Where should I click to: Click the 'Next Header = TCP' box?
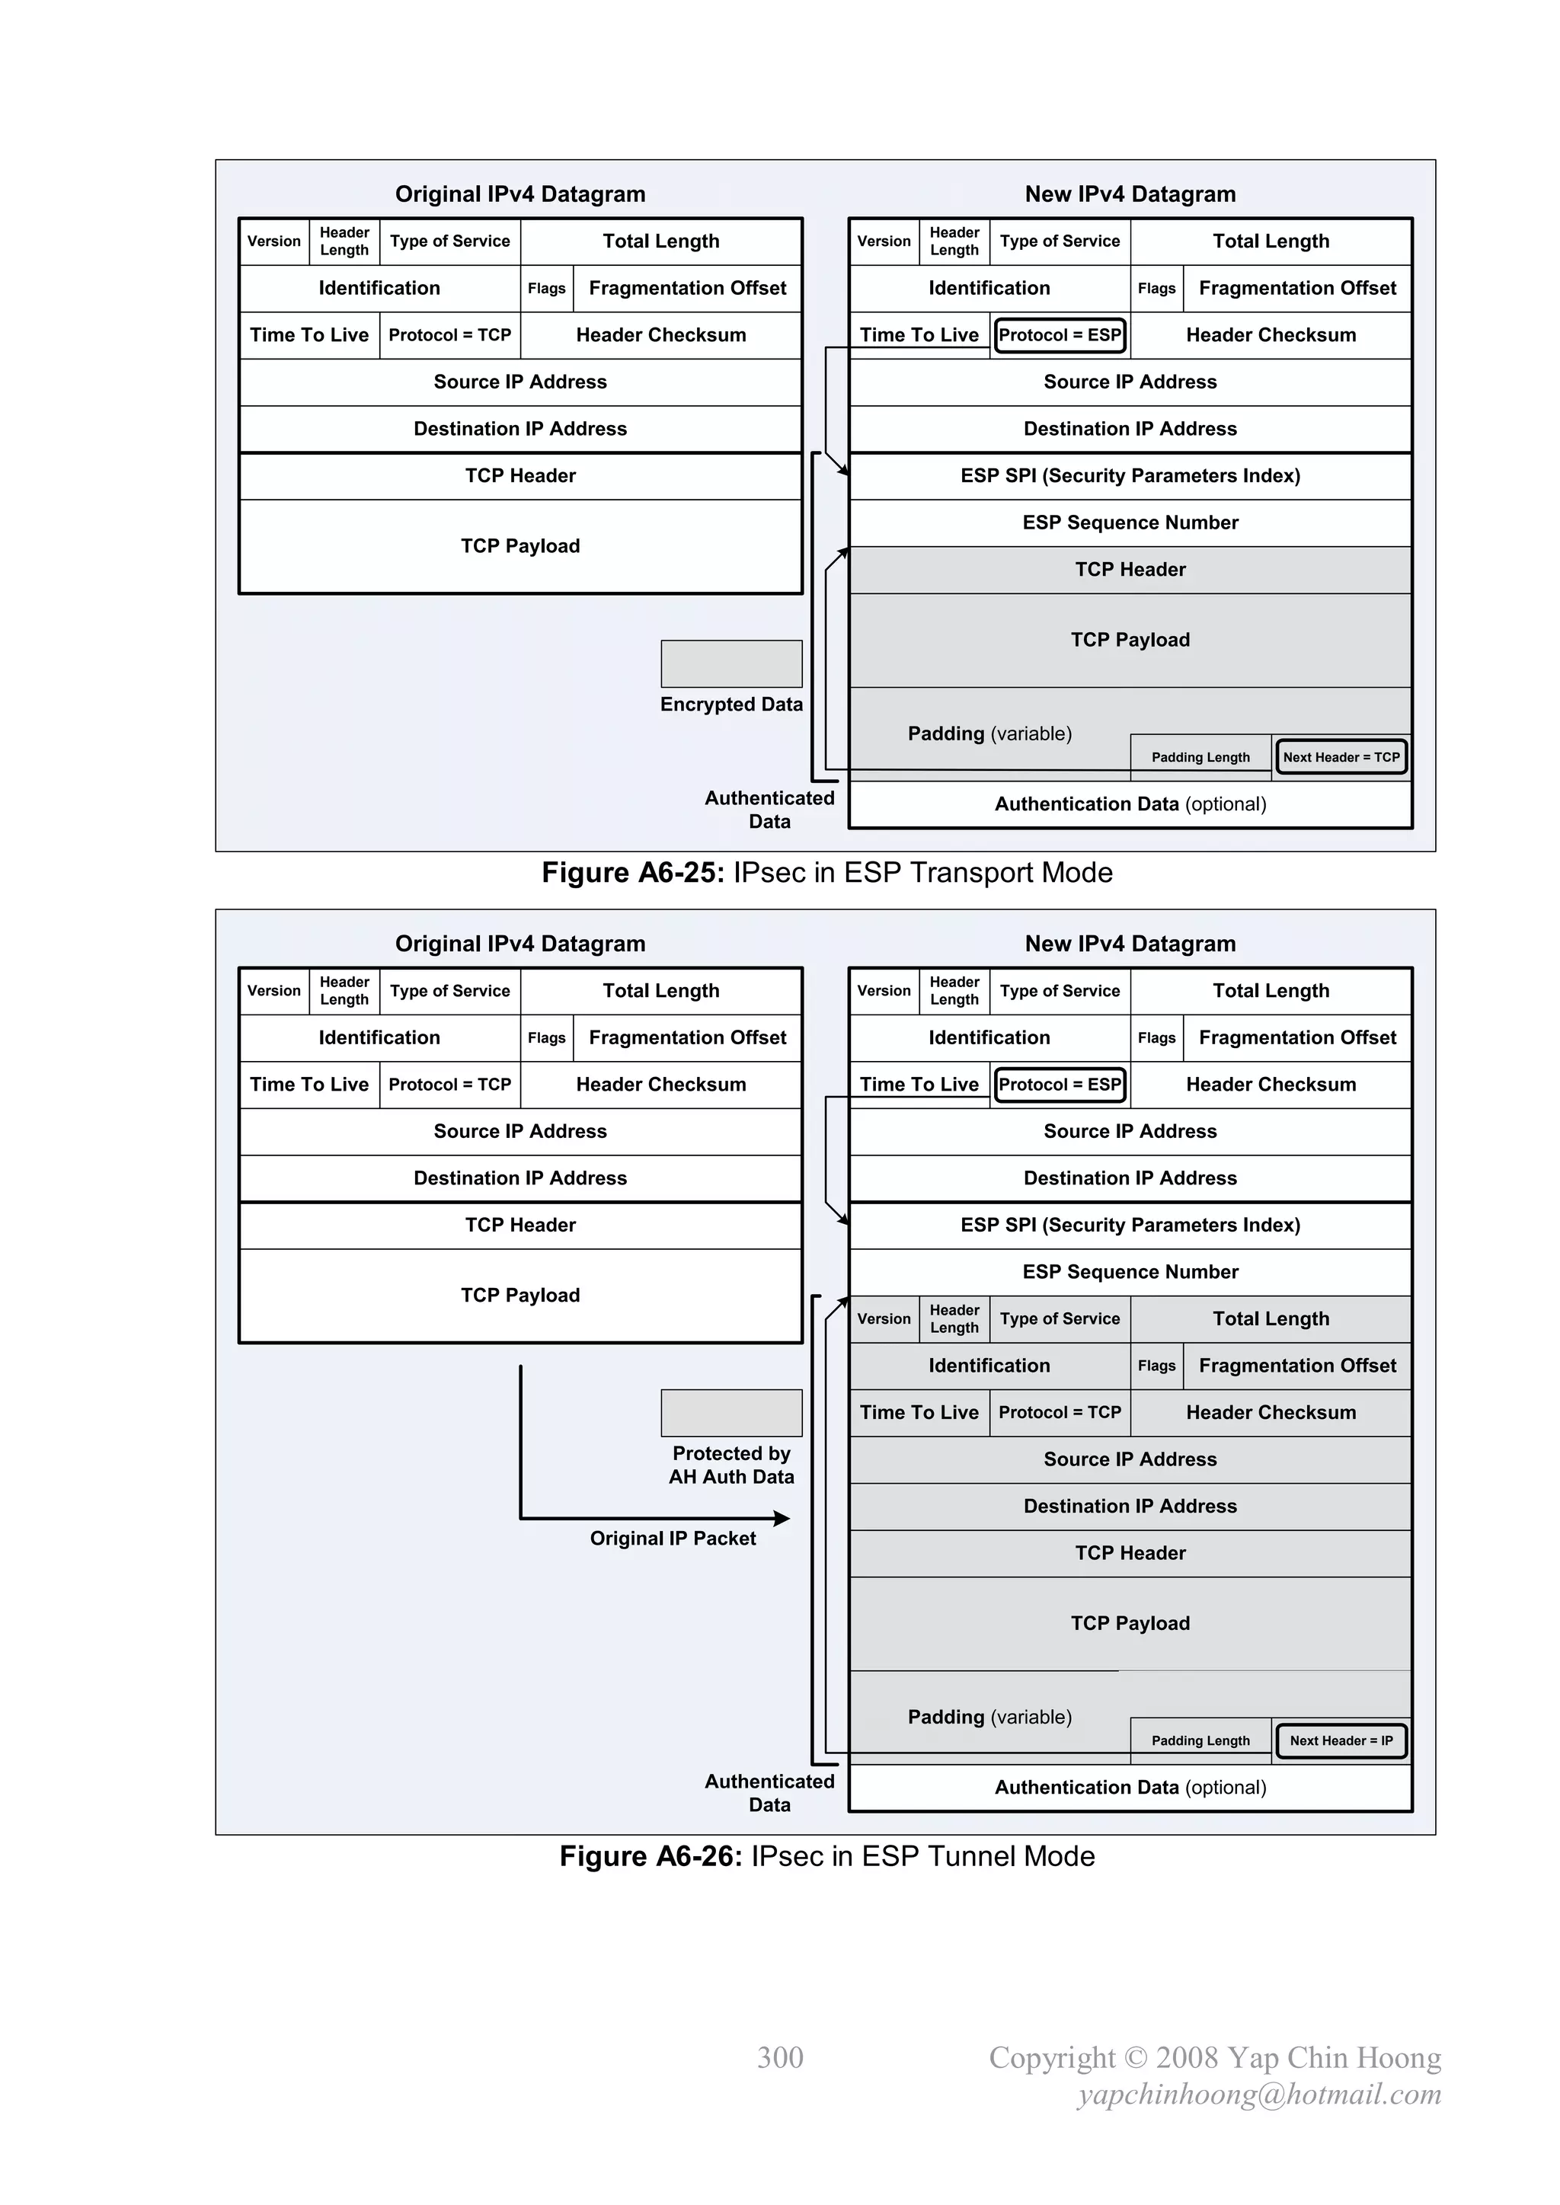coord(1341,757)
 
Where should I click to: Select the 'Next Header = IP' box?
coord(1341,1740)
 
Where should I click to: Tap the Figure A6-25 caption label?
coord(826,872)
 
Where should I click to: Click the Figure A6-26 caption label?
coord(826,1855)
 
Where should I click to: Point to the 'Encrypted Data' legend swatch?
coord(731,663)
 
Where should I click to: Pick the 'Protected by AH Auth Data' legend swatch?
coord(731,1413)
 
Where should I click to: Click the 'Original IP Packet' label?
coord(673,1538)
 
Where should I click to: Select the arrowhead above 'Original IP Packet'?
coord(782,1518)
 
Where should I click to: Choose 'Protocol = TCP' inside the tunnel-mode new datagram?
coord(1060,1412)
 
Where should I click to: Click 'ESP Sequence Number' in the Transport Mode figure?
coord(1130,522)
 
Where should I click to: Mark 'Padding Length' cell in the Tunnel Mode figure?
coord(1200,1740)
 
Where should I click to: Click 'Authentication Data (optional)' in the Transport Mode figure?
coord(1130,804)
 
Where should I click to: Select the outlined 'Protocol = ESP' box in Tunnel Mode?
coord(1060,1085)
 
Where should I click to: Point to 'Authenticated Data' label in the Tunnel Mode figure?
coord(769,1792)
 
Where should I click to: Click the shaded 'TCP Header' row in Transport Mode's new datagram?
coord(1130,570)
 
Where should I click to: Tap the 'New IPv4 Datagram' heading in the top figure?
coord(1130,194)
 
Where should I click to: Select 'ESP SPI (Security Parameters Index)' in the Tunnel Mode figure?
coord(1130,1225)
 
